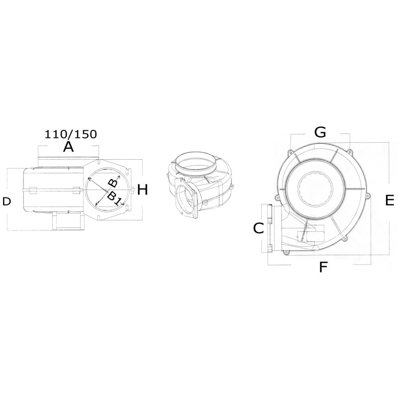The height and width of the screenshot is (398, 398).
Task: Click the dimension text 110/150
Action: click(71, 134)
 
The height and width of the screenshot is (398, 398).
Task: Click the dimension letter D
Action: click(6, 201)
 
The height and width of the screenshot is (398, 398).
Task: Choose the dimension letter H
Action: click(143, 190)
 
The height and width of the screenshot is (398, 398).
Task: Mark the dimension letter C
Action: click(258, 228)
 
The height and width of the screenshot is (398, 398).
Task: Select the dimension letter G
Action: click(320, 132)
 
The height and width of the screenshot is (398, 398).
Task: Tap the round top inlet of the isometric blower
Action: click(197, 161)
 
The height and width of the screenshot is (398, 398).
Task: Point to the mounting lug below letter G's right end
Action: click(350, 151)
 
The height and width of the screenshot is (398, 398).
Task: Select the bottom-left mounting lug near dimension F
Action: click(286, 253)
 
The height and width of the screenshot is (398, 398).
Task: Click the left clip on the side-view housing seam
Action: click(31, 190)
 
